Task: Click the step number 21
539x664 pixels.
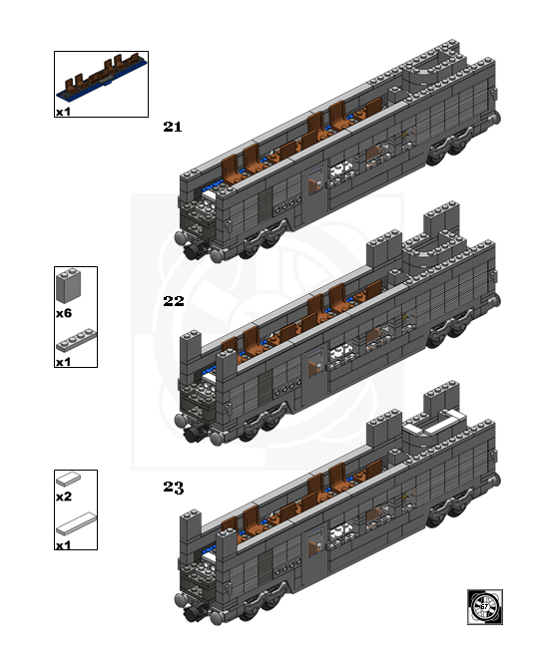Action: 172,127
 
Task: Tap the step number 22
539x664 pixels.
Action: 173,300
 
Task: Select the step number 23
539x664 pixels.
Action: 173,488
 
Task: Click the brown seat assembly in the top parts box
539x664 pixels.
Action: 100,79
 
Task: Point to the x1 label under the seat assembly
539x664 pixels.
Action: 63,113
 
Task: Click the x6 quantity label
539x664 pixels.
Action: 63,313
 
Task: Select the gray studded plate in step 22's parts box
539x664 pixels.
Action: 76,343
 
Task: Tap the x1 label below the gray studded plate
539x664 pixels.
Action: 63,362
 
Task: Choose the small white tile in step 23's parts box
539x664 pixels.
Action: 68,480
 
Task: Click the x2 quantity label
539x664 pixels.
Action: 63,497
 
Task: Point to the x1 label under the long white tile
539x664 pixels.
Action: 63,545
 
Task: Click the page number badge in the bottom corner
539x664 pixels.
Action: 485,606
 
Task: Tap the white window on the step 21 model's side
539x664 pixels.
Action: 342,172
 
